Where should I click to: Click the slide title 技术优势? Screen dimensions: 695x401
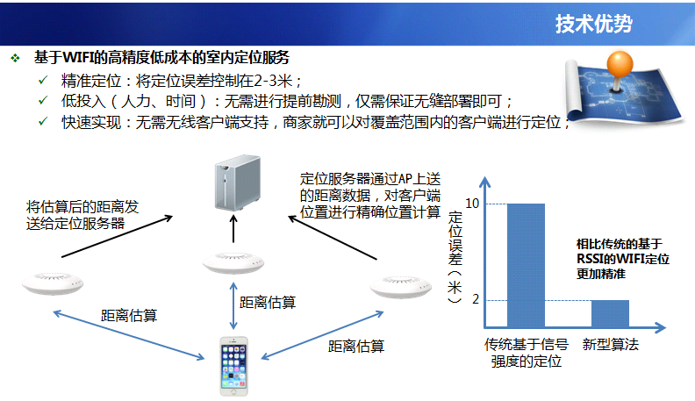point(593,24)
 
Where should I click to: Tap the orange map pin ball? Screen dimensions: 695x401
point(620,65)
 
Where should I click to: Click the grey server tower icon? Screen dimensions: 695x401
point(238,183)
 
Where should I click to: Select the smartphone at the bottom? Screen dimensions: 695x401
point(234,366)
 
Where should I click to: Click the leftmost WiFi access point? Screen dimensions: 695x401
point(53,283)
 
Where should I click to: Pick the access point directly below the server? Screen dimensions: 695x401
point(233,263)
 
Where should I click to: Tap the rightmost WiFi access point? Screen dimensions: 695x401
point(401,287)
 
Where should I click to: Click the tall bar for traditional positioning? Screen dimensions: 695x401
point(526,265)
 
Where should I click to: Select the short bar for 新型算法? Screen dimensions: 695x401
point(610,314)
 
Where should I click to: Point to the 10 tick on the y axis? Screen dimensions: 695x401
point(472,204)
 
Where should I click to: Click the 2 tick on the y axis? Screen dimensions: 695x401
point(476,299)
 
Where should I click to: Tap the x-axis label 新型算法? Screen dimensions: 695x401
point(611,344)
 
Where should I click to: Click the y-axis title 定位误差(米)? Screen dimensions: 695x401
point(455,257)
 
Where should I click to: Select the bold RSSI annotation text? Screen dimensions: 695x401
point(623,259)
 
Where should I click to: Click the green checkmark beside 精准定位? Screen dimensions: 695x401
point(43,80)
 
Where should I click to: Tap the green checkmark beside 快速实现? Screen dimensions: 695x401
point(43,121)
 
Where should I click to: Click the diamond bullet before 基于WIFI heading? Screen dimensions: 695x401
point(16,58)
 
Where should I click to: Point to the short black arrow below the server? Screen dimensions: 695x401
point(233,229)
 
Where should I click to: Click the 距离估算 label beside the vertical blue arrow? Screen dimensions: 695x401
point(268,302)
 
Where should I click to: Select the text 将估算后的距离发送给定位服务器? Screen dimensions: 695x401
point(82,215)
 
